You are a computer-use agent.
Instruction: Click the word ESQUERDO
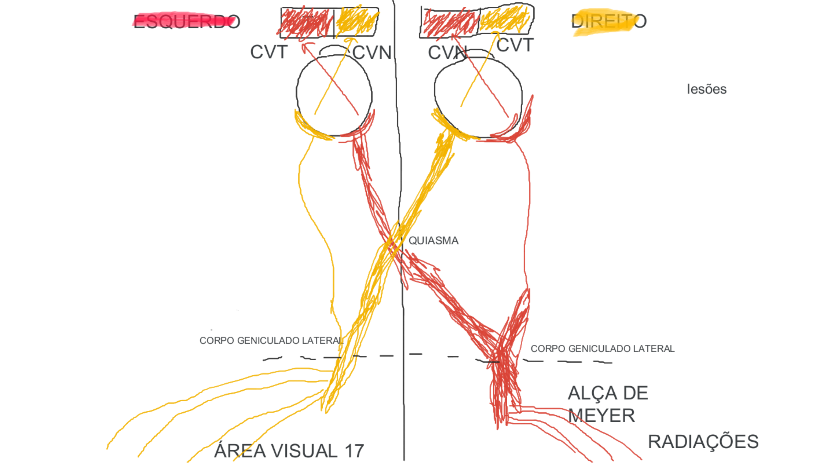click(x=187, y=22)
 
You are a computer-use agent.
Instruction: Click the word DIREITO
click(x=609, y=21)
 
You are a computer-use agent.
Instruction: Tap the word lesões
click(x=706, y=89)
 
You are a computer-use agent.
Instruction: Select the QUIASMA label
click(x=433, y=240)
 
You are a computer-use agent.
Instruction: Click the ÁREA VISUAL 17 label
click(x=289, y=451)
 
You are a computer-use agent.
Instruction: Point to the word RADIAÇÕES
click(x=703, y=442)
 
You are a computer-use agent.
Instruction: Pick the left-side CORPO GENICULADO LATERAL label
click(x=271, y=341)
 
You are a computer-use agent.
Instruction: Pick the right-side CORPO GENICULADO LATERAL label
click(x=602, y=349)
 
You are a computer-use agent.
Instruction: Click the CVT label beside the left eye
click(x=269, y=52)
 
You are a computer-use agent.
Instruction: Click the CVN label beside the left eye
click(x=372, y=52)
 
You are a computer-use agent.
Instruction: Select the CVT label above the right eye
click(x=515, y=45)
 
